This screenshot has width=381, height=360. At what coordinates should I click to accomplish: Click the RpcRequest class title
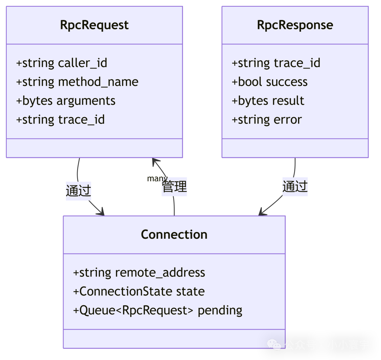click(94, 25)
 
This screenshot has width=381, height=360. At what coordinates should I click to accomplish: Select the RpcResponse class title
click(295, 25)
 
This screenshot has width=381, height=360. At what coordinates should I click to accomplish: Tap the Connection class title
click(174, 235)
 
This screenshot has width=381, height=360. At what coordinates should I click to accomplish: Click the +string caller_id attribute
click(61, 63)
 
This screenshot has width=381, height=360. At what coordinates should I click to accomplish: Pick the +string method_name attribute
click(77, 82)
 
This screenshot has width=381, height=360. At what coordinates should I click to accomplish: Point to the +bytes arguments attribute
click(66, 101)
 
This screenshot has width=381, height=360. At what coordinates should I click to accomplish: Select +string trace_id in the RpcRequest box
click(60, 120)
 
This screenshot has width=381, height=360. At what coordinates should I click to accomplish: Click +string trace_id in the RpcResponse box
click(276, 63)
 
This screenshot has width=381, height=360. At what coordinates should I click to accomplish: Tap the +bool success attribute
click(270, 82)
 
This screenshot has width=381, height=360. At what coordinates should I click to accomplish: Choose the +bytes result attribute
click(268, 101)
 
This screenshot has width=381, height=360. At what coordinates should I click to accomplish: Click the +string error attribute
click(267, 120)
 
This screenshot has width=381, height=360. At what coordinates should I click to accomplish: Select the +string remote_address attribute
click(139, 273)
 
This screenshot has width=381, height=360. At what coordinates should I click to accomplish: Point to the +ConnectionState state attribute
click(139, 292)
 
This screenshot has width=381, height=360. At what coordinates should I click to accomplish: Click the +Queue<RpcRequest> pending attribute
click(158, 310)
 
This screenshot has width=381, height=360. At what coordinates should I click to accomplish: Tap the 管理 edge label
click(174, 187)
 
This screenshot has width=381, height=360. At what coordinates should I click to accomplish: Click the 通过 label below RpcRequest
click(78, 191)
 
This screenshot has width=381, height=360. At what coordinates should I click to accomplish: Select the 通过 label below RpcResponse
click(295, 187)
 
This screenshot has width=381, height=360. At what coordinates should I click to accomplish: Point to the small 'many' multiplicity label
click(157, 178)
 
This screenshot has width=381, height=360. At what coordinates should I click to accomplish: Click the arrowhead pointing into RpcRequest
click(155, 161)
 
